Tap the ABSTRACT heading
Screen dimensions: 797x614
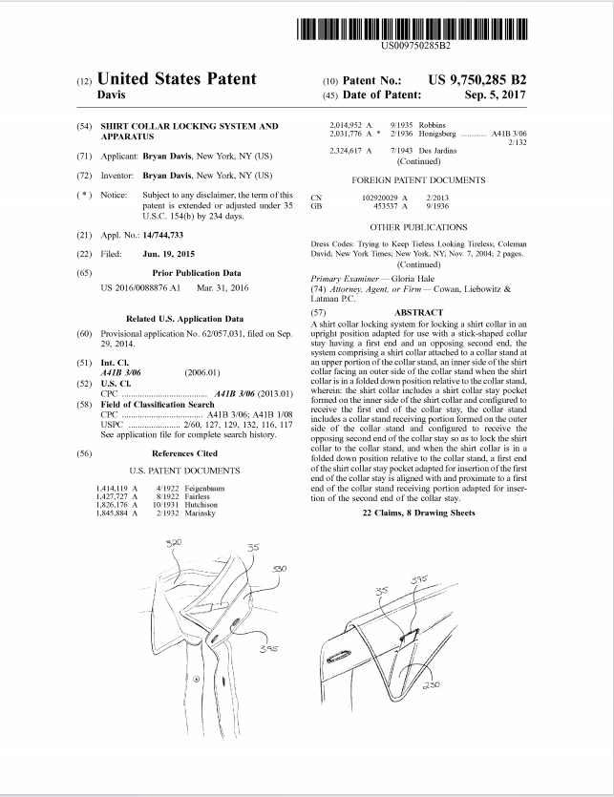(418, 312)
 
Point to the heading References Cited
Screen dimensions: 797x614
(184, 453)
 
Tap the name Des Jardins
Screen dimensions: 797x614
(437, 151)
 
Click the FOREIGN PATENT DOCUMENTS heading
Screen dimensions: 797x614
(418, 179)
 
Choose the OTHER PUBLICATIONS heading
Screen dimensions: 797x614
(418, 227)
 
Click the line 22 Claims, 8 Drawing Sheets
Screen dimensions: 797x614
(418, 513)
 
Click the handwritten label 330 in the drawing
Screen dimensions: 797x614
(279, 568)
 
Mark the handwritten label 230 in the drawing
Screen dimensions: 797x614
(432, 683)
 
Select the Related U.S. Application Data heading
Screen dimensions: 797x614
(184, 318)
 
